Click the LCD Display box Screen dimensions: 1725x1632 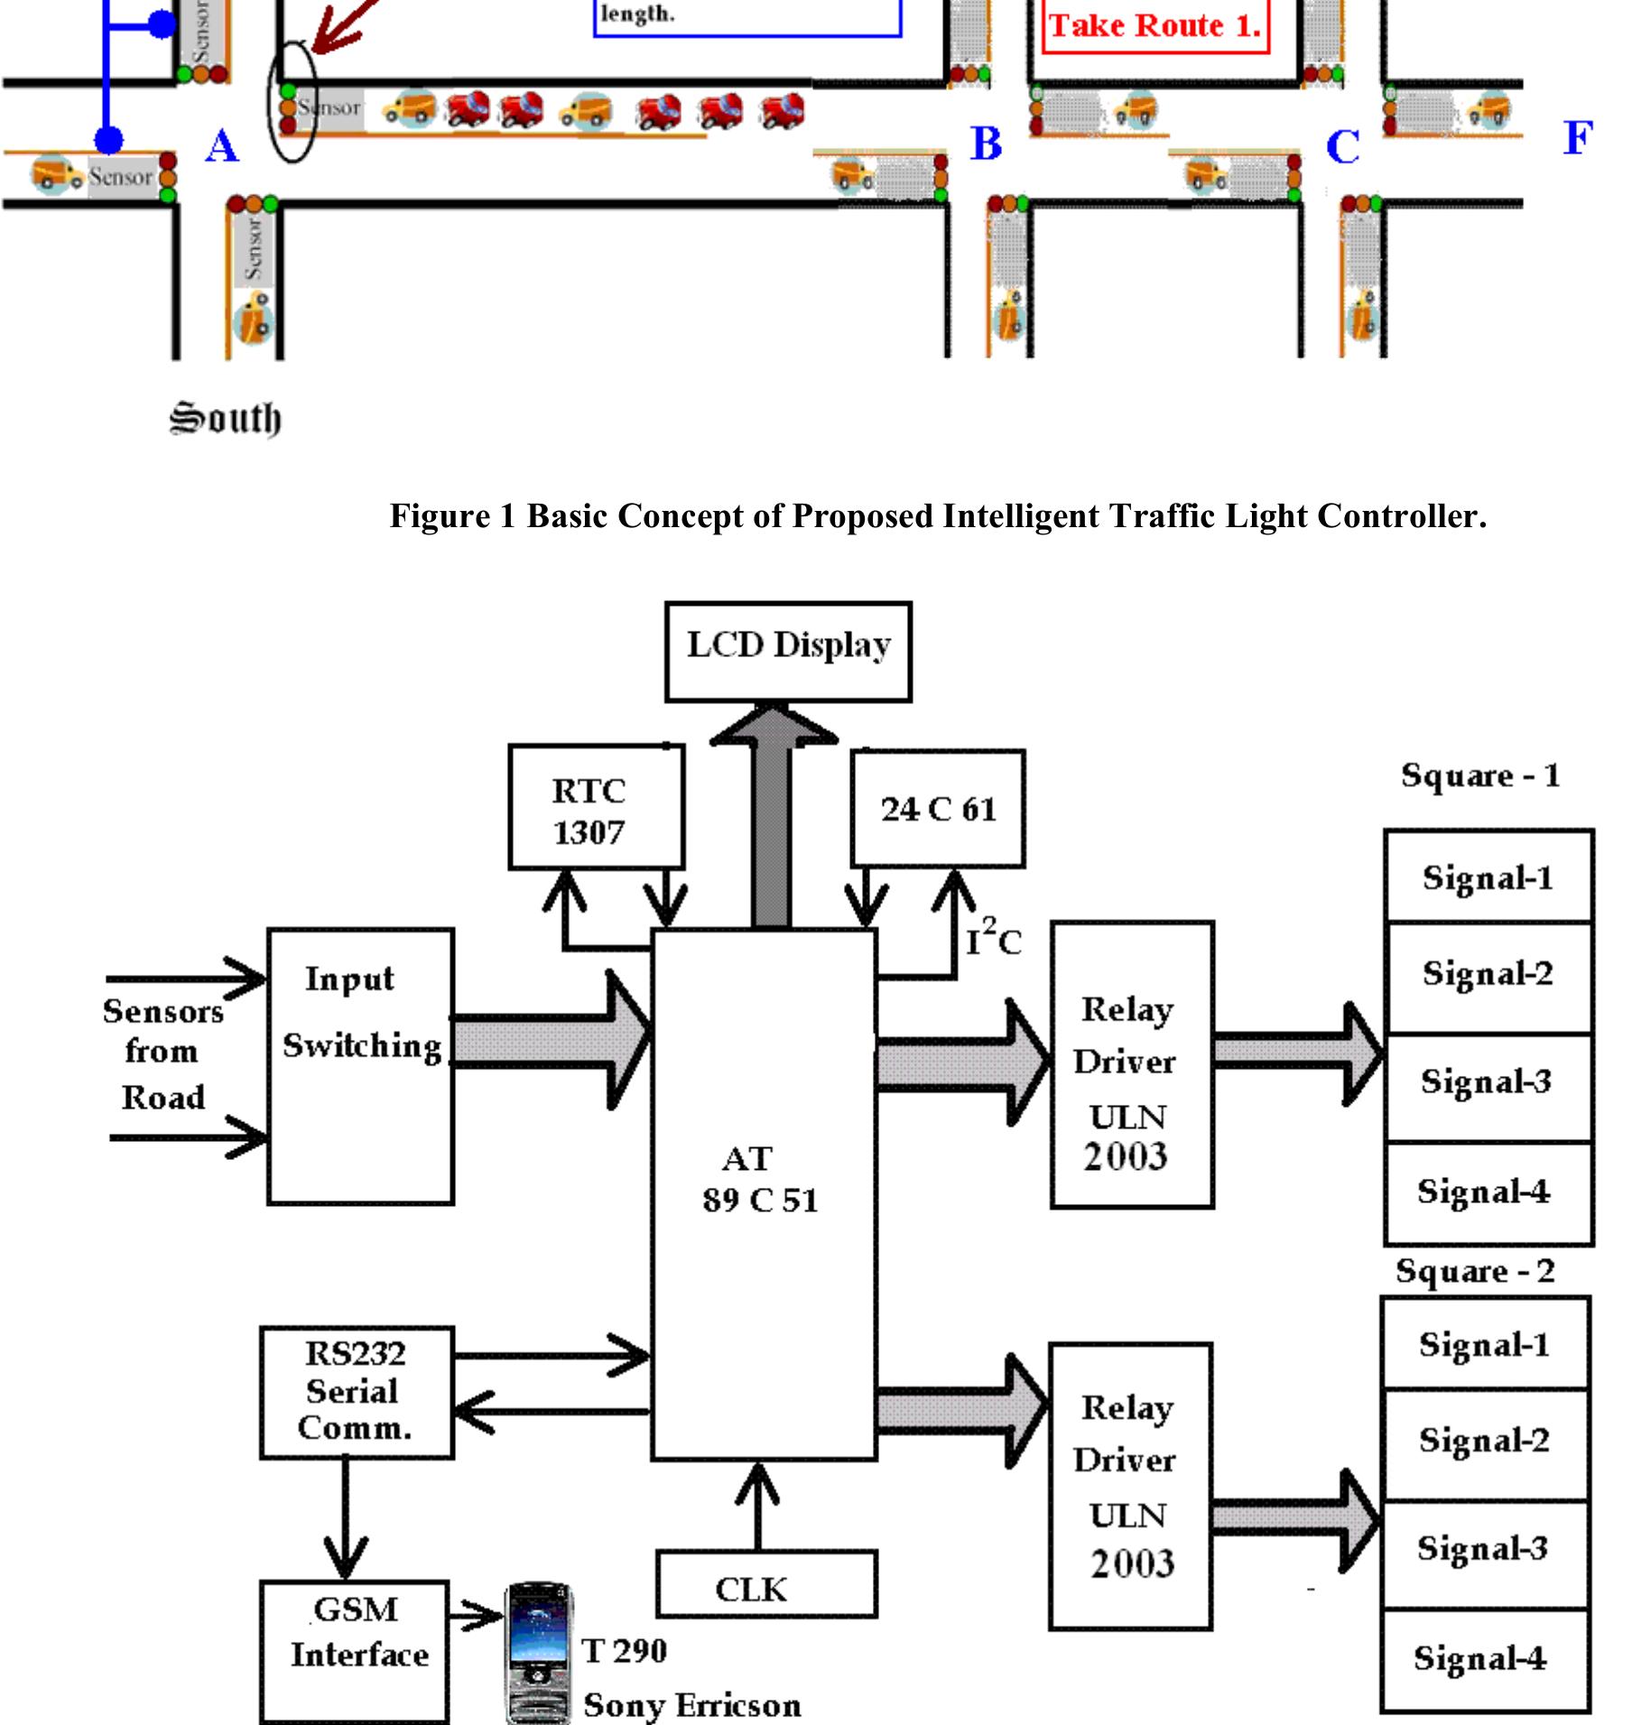tap(788, 651)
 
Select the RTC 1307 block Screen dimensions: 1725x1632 tap(596, 807)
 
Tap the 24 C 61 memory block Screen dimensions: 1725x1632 tap(938, 808)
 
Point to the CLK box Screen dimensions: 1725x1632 tap(765, 1590)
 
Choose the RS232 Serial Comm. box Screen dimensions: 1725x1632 tap(356, 1391)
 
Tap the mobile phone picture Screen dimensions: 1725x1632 tap(537, 1651)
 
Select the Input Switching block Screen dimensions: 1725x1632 tap(360, 1065)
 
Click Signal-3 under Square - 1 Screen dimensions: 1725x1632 tap(1487, 1082)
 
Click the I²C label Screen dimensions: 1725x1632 tap(994, 939)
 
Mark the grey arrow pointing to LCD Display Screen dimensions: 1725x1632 tap(773, 812)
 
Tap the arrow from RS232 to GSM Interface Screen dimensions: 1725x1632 tap(346, 1516)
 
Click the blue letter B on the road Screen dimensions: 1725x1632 tap(986, 144)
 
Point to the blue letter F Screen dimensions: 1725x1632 tap(1577, 138)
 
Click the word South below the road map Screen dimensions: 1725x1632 tap(226, 418)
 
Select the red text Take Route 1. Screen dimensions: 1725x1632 tap(1154, 25)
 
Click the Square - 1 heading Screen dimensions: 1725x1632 tap(1480, 775)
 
